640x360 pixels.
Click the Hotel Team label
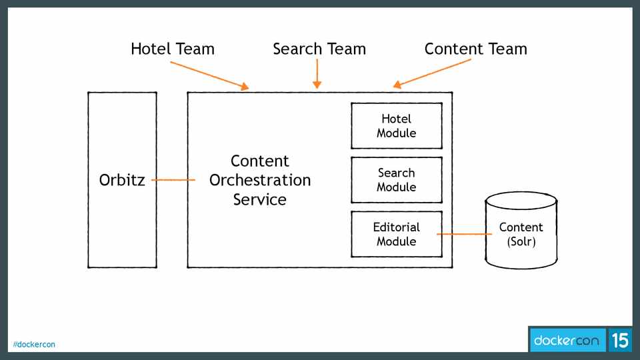pyautogui.click(x=173, y=49)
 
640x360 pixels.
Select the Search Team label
pyautogui.click(x=319, y=49)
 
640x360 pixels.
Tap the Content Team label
pyautogui.click(x=475, y=49)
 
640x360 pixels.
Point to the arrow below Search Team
pyautogui.click(x=317, y=73)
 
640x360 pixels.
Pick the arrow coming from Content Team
pyautogui.click(x=432, y=73)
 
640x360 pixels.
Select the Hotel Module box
pyautogui.click(x=396, y=126)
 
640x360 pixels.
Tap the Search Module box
pyautogui.click(x=396, y=180)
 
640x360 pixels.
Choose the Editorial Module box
pyautogui.click(x=396, y=234)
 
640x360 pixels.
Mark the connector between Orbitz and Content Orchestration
pyautogui.click(x=173, y=180)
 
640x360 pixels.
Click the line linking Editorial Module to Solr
pyautogui.click(x=464, y=234)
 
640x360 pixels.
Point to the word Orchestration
pyautogui.click(x=260, y=180)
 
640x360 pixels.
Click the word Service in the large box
pyautogui.click(x=260, y=199)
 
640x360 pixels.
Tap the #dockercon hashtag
pyautogui.click(x=34, y=345)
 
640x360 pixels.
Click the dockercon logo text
pyautogui.click(x=566, y=341)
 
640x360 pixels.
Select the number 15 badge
pyautogui.click(x=619, y=341)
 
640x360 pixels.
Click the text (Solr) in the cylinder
pyautogui.click(x=521, y=241)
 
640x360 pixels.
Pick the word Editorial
pyautogui.click(x=396, y=227)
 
